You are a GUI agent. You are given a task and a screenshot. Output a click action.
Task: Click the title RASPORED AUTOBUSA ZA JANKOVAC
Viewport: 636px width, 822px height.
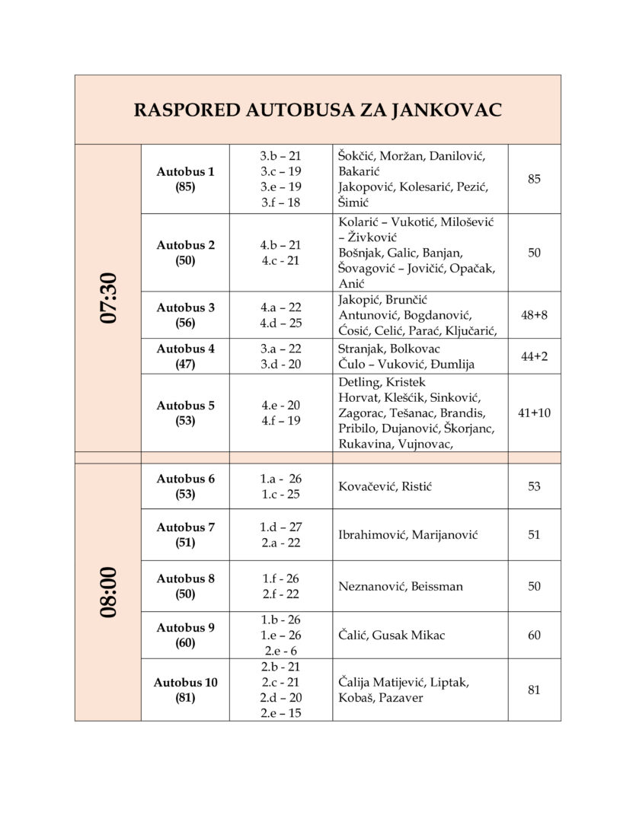(318, 110)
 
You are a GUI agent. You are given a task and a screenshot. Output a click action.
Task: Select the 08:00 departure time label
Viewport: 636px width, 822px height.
(108, 591)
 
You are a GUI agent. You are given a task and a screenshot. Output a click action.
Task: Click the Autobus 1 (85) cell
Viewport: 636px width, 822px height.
(186, 179)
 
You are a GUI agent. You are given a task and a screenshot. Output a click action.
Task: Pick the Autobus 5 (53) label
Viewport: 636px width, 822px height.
(186, 413)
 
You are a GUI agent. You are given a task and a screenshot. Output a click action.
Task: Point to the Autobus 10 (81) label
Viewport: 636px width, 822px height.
(186, 690)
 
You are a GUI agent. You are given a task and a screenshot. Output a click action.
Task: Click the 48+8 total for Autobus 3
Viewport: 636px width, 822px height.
(534, 314)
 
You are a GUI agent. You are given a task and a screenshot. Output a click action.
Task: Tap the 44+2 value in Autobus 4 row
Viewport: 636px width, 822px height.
(534, 356)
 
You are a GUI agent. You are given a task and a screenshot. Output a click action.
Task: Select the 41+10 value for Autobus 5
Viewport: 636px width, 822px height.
(534, 413)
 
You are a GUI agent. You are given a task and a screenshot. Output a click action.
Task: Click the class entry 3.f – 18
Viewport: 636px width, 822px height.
(280, 202)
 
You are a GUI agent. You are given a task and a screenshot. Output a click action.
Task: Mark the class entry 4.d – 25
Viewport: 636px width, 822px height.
(280, 323)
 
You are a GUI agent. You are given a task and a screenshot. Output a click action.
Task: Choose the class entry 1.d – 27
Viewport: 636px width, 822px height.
(280, 527)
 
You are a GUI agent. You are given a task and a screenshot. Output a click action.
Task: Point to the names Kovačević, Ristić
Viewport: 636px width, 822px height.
(390, 486)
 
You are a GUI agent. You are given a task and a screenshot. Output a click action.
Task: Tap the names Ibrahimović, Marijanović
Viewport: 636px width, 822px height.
(407, 535)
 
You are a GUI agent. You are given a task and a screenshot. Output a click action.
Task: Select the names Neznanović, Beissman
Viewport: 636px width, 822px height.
(401, 586)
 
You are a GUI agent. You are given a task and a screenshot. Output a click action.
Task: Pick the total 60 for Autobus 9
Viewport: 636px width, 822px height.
(534, 635)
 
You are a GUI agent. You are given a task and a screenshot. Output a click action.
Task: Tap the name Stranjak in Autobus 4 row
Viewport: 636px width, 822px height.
(362, 349)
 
